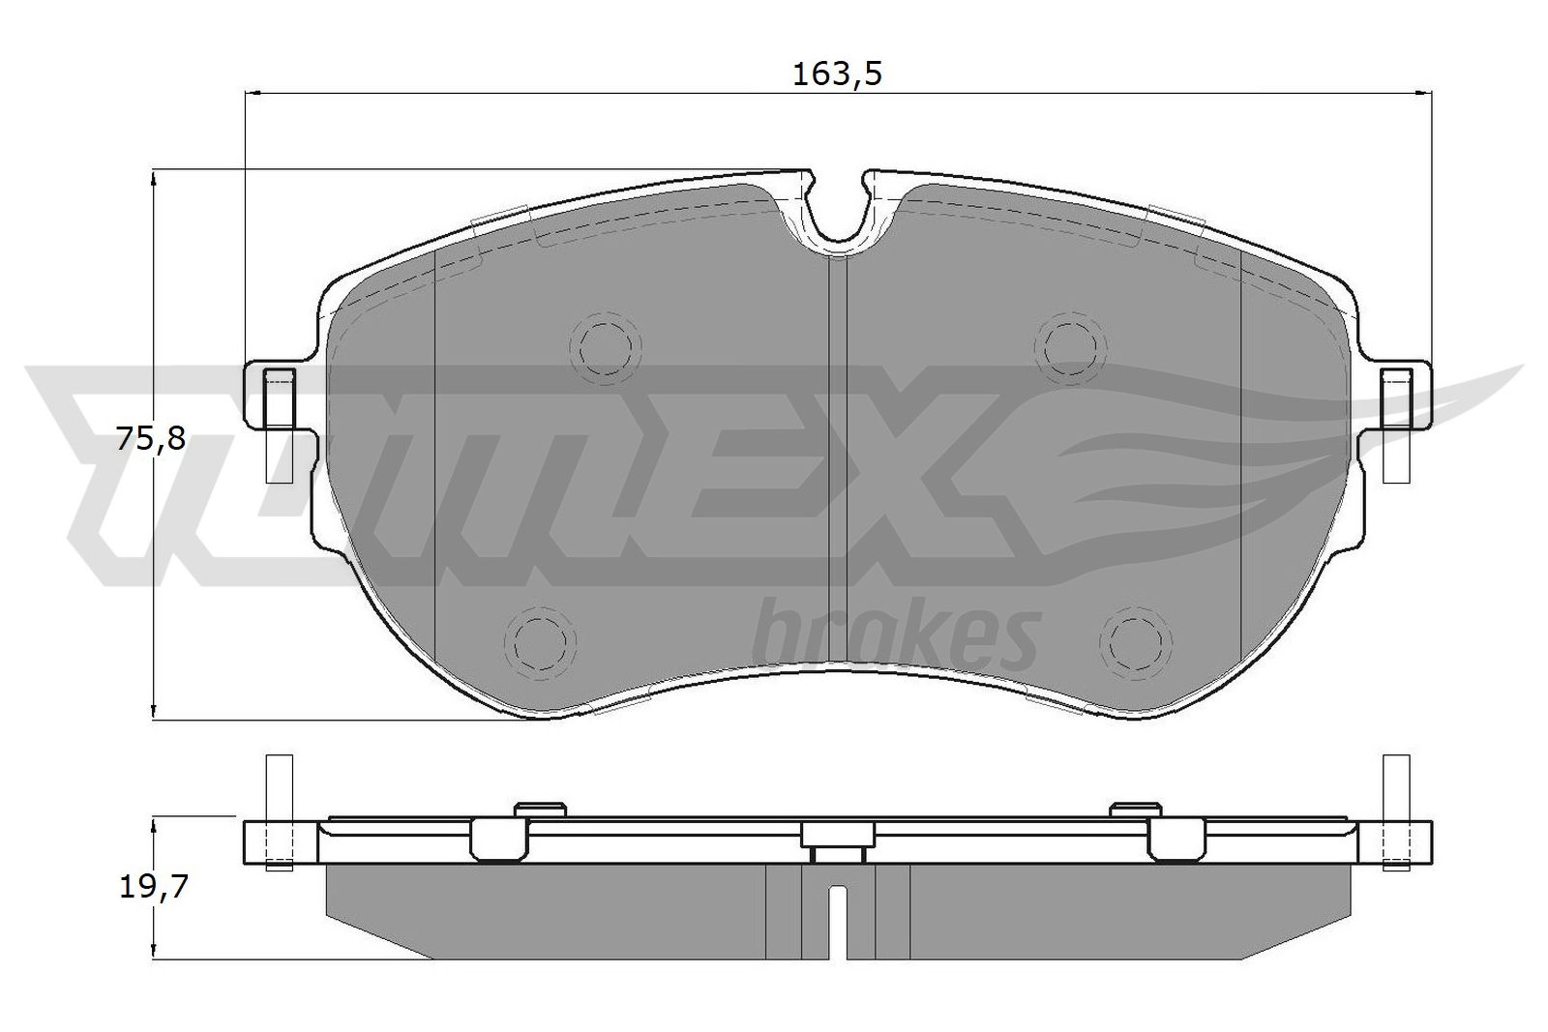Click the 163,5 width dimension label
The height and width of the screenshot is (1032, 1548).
click(838, 74)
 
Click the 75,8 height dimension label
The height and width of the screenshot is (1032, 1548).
click(149, 439)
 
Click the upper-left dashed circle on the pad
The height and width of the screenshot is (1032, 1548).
click(606, 342)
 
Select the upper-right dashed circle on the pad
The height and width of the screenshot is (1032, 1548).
click(1069, 342)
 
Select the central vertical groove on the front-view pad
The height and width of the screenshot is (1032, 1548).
click(838, 464)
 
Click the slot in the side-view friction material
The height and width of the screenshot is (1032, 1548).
click(839, 919)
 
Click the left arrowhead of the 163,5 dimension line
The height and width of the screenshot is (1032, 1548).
click(254, 94)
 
